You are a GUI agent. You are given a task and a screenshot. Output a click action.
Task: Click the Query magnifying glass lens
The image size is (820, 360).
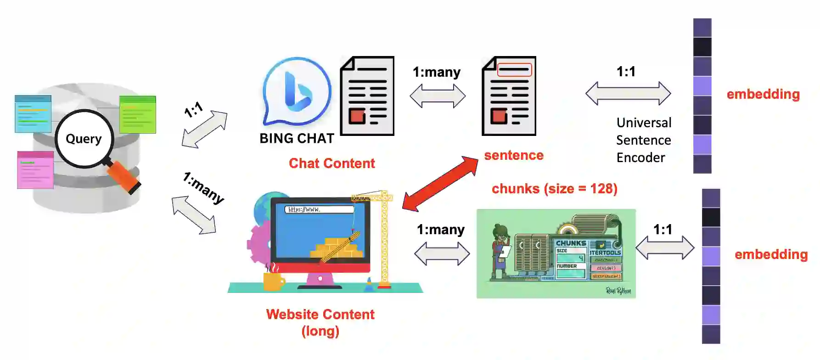coord(84,139)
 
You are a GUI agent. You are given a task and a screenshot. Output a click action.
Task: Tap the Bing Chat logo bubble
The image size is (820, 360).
coord(297,90)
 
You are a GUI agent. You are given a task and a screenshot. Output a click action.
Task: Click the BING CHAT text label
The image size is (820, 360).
coord(297,138)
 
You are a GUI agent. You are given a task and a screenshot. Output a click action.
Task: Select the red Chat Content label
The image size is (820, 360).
coord(331,163)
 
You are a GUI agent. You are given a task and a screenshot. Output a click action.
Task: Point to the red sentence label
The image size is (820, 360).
coord(514,155)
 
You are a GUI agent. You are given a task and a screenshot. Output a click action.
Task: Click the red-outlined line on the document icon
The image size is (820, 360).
coord(514,70)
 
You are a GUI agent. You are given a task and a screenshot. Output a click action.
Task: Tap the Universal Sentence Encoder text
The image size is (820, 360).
coord(643,140)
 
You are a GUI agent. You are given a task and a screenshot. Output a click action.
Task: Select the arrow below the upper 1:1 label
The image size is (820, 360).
coord(628,93)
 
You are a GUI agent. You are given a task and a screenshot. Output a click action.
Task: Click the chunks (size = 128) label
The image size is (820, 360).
coord(554,189)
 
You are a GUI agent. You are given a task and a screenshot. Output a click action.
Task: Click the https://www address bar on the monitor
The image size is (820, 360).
coord(320,209)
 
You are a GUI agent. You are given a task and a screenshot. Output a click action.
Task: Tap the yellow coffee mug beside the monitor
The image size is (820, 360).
coord(274,280)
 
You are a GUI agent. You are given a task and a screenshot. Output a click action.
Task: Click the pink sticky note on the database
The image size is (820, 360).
coord(35,169)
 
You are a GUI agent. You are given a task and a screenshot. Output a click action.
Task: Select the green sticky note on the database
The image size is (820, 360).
coord(137,114)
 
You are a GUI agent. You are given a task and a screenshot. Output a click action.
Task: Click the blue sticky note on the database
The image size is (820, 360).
coord(33,113)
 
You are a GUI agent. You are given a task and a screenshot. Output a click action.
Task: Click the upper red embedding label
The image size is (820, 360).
coord(763,94)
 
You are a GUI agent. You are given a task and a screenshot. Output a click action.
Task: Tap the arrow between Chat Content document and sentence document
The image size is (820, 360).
coord(438,96)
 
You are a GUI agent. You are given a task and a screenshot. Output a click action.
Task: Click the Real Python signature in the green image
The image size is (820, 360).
coord(618,291)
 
